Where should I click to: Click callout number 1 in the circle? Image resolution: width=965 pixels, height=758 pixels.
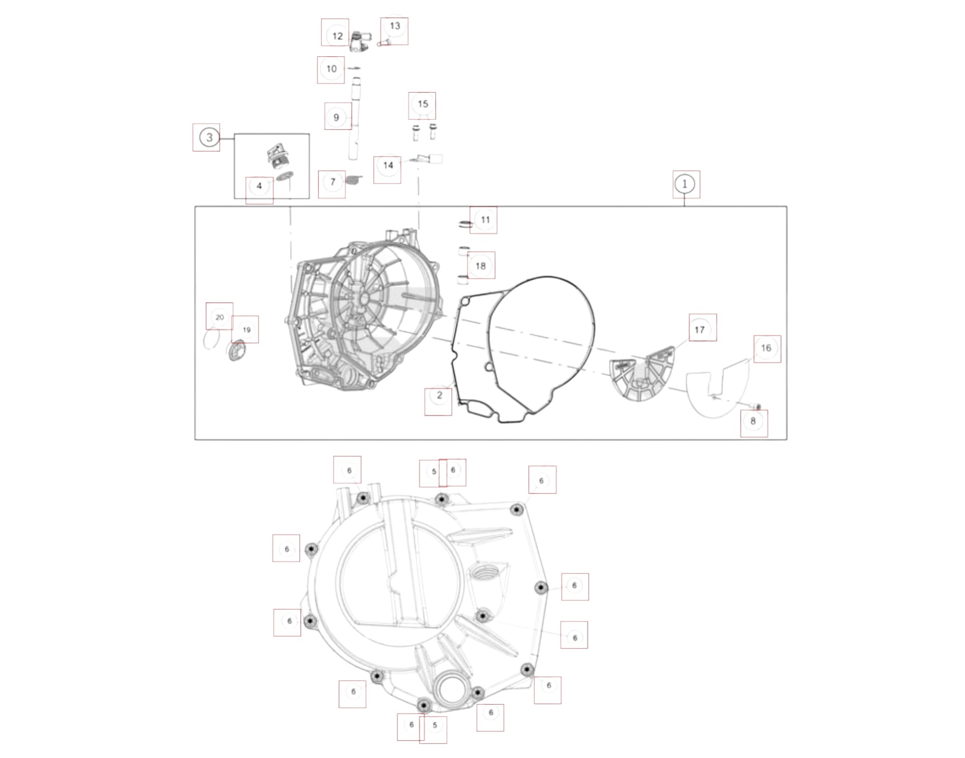pos(685,184)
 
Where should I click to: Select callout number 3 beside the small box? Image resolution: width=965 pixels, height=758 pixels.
pos(209,137)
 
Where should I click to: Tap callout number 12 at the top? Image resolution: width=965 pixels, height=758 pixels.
pos(337,36)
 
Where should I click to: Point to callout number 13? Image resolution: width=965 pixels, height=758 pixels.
pos(395,26)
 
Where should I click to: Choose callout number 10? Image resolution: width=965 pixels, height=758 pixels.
pos(331,69)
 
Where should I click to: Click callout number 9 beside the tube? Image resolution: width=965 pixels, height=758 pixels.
pos(337,118)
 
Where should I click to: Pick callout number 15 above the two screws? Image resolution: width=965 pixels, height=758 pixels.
pos(423,104)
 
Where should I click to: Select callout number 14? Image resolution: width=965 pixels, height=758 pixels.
pos(388,165)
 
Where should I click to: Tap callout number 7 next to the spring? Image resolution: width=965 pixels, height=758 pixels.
pos(333,182)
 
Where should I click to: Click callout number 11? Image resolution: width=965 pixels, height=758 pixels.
pos(485,220)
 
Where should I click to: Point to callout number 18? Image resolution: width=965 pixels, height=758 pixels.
pos(480,266)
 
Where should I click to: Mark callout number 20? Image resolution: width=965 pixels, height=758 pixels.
pos(219,317)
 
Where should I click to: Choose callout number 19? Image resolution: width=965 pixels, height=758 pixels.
pos(247,330)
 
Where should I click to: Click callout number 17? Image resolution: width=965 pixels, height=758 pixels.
pos(699,330)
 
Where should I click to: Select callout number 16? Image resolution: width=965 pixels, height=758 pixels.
pos(766,348)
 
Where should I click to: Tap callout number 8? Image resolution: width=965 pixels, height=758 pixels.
pos(753,422)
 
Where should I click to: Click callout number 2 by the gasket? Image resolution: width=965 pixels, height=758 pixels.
pos(439,395)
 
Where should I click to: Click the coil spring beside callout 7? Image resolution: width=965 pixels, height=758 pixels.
pos(354,180)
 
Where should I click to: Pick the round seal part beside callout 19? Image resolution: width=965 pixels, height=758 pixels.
pos(237,350)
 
